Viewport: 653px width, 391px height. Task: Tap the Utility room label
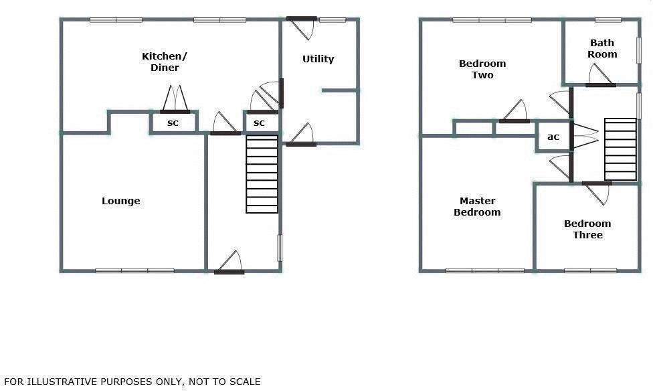coord(318,59)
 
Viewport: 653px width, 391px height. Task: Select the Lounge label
coord(121,201)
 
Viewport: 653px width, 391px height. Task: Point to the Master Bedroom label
coord(477,206)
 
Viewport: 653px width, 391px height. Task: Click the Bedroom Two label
coord(482,69)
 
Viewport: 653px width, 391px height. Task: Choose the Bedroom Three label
coord(587,229)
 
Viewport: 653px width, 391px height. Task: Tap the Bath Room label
coord(602,48)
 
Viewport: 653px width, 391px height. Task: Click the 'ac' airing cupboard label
coord(553,137)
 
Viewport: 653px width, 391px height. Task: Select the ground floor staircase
coord(262,174)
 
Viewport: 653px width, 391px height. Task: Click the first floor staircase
coord(620,149)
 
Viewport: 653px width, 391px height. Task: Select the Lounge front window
coord(134,270)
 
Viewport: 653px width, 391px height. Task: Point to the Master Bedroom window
coord(485,270)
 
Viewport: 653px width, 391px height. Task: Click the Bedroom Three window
coord(590,270)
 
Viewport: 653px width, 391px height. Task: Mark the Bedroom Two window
coord(492,20)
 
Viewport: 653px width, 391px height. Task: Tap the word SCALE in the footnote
coord(244,382)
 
